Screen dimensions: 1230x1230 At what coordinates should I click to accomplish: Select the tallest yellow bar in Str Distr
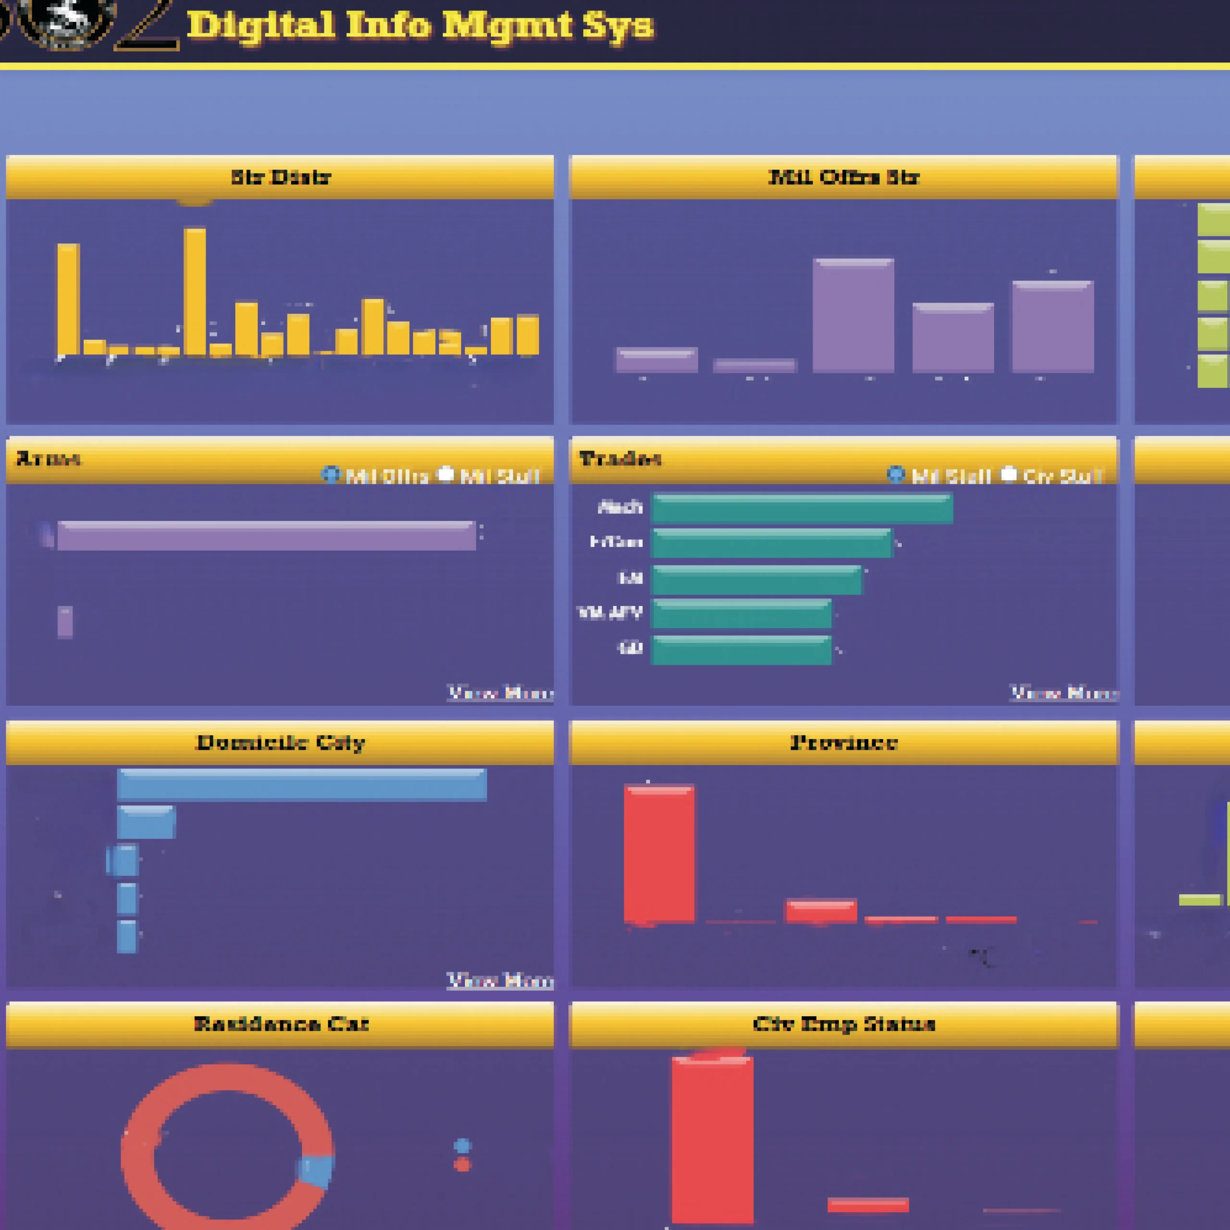(195, 292)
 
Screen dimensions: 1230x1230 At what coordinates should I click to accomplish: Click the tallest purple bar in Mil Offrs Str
(853, 315)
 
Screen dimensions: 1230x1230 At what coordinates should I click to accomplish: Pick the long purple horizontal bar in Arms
(266, 535)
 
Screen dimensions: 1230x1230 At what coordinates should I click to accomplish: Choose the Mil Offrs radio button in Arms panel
(330, 474)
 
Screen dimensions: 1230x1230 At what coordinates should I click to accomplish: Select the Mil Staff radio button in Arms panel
(446, 474)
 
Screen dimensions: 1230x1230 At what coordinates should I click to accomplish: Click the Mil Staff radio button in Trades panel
(895, 474)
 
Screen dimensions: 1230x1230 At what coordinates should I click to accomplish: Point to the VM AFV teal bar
(742, 614)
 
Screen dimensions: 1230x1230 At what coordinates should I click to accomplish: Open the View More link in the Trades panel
(1064, 693)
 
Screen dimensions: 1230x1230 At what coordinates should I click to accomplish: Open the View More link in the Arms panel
(500, 693)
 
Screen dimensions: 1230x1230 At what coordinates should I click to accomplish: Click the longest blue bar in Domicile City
(302, 784)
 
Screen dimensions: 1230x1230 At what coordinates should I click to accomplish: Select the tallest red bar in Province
(659, 854)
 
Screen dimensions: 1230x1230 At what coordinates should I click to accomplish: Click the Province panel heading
(844, 742)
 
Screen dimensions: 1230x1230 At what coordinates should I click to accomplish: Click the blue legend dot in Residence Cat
(462, 1146)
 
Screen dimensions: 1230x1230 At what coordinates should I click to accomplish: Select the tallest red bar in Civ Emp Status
(713, 1140)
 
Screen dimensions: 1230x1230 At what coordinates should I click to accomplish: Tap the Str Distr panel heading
(280, 177)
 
